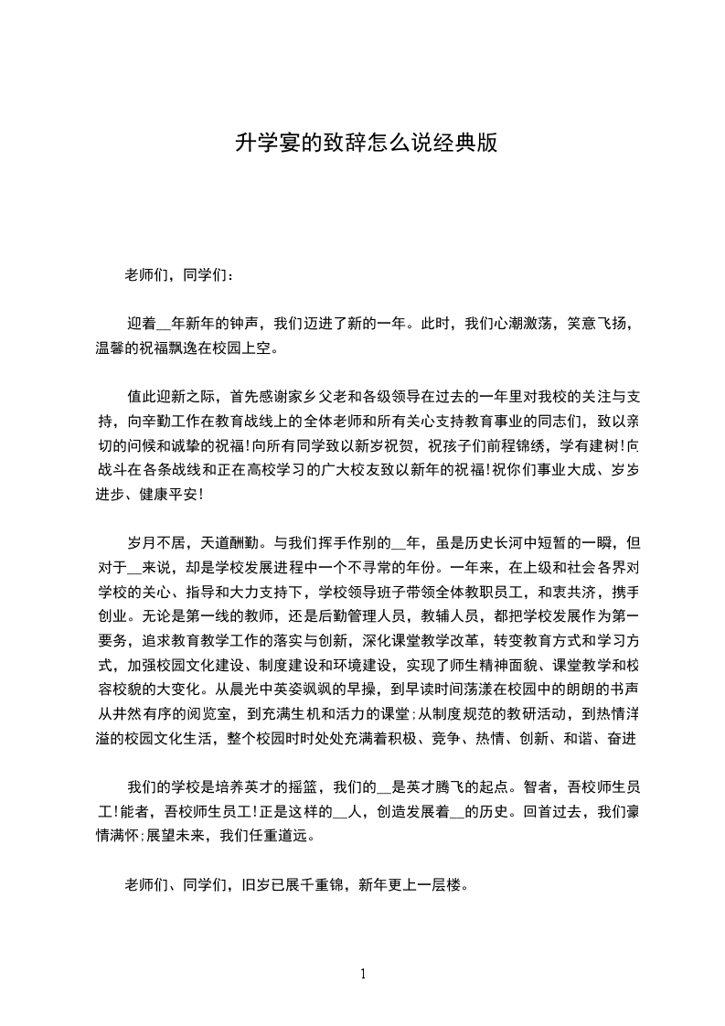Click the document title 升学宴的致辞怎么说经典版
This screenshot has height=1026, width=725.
pos(366,144)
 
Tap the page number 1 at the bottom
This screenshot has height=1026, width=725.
pos(363,974)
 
